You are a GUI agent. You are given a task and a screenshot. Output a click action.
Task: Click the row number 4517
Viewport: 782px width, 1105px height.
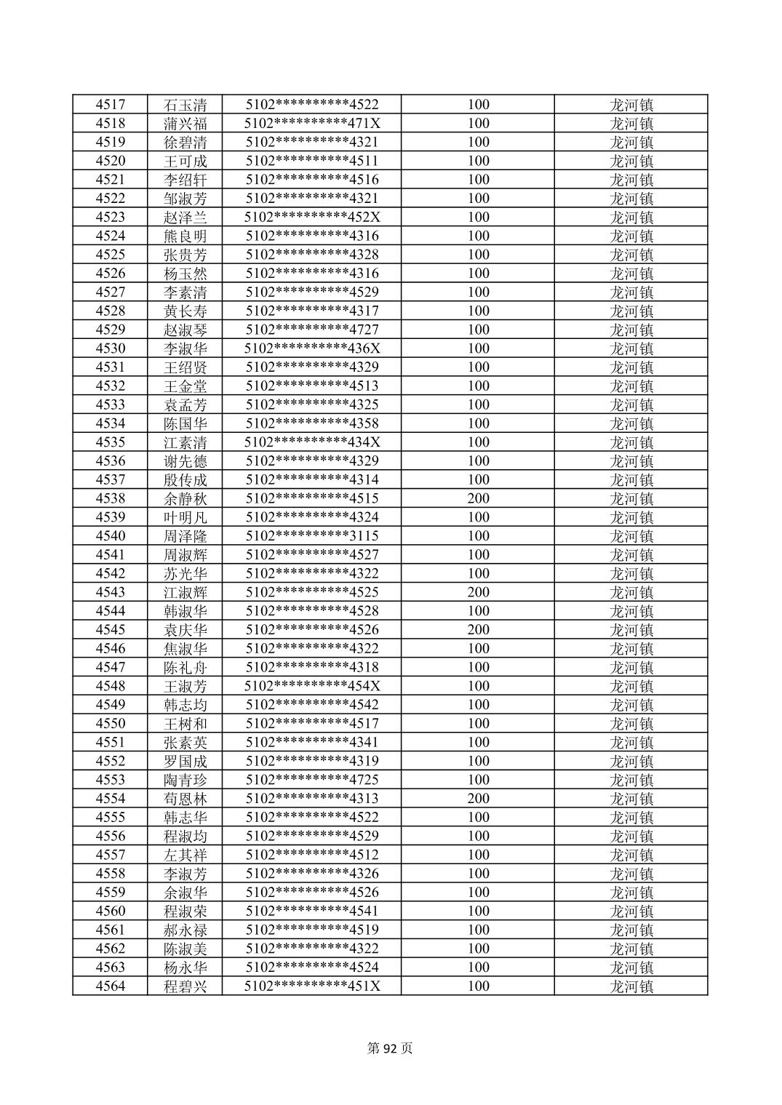(x=110, y=105)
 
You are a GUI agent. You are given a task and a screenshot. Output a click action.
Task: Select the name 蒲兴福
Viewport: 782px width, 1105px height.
(x=185, y=124)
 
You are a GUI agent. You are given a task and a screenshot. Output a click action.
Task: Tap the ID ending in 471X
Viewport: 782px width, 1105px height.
(x=312, y=124)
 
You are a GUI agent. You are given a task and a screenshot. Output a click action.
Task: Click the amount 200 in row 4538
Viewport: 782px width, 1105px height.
(x=478, y=498)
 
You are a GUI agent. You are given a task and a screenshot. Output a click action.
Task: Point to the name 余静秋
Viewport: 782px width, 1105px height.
(x=185, y=498)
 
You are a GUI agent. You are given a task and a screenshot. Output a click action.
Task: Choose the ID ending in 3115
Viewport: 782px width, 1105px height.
(x=312, y=536)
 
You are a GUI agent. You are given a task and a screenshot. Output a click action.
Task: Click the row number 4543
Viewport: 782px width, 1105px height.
(x=110, y=592)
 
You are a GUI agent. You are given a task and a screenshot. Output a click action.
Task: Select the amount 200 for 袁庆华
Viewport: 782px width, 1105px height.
(x=478, y=630)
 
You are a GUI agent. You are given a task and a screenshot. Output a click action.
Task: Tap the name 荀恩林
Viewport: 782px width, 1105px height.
(x=185, y=799)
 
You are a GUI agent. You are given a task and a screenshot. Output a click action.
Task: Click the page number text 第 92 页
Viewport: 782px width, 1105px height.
(x=391, y=1048)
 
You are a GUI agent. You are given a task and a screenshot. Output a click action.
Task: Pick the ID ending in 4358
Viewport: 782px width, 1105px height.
(x=312, y=423)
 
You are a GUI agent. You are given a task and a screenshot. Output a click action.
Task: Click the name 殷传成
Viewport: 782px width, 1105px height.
(x=185, y=479)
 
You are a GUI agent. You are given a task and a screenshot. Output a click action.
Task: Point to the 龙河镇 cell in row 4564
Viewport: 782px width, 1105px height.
(x=631, y=986)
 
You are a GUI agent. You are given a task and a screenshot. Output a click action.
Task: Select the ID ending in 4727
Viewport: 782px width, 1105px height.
(x=312, y=330)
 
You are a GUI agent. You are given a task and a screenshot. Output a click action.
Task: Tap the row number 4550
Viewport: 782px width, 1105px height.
(x=110, y=724)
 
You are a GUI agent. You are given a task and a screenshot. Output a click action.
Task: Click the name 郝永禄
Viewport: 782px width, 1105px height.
(x=185, y=930)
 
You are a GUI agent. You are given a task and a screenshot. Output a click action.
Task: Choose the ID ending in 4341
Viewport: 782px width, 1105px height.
(x=312, y=742)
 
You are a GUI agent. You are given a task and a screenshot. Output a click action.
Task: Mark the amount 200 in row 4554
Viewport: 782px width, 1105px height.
(x=478, y=799)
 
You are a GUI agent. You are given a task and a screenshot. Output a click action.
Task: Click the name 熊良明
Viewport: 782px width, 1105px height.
(x=185, y=236)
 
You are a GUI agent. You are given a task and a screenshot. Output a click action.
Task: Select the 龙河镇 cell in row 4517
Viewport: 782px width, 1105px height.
(x=631, y=105)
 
